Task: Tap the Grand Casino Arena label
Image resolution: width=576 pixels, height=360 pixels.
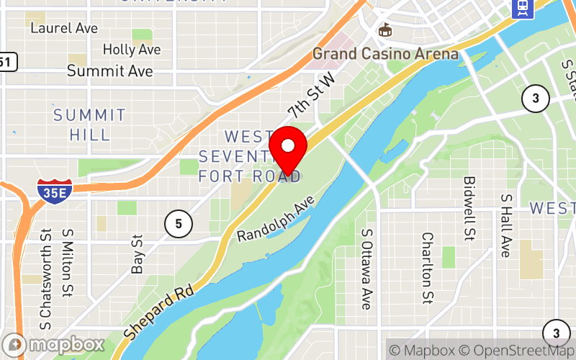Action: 385,54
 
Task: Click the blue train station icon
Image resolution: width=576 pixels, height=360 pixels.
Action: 523,7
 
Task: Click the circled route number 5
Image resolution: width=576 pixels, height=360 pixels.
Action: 178,224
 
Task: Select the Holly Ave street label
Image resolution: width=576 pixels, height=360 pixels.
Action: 131,50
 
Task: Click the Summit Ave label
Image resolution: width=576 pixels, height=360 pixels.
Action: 109,71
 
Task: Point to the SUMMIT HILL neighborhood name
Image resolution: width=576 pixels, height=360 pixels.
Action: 90,125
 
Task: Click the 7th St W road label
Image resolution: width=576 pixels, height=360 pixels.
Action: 312,94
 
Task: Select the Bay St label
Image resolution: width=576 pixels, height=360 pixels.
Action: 138,253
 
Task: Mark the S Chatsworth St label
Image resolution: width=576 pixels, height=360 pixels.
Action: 46,274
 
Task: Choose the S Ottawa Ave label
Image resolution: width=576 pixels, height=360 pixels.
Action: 367,269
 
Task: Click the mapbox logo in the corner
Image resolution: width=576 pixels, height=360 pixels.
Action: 53,345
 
